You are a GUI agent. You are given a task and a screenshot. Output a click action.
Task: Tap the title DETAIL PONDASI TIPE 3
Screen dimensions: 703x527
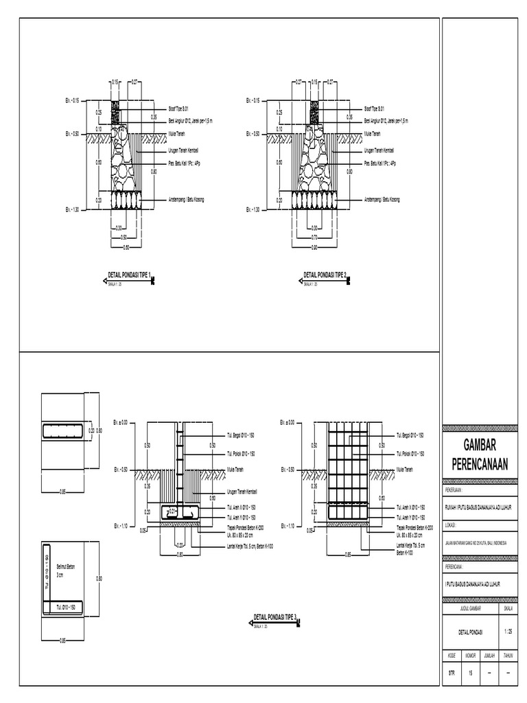pos(274,617)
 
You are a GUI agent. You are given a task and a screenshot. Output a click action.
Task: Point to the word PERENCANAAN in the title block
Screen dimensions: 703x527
pos(480,465)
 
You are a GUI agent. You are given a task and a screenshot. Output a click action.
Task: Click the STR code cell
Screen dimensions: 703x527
pos(451,674)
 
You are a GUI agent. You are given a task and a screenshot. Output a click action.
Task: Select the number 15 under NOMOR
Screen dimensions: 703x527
pos(471,674)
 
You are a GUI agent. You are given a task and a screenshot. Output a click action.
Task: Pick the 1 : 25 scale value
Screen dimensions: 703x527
pos(507,631)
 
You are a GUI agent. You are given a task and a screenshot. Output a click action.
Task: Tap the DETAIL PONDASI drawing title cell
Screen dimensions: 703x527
pos(470,631)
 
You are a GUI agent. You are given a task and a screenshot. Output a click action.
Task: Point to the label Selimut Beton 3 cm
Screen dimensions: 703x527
pos(66,571)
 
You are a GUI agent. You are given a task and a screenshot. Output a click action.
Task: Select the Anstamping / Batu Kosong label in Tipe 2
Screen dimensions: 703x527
pos(382,199)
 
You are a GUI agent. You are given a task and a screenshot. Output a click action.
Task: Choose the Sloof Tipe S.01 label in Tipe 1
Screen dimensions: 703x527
pos(178,108)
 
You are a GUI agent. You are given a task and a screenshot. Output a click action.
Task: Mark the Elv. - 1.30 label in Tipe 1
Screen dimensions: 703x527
pos(73,209)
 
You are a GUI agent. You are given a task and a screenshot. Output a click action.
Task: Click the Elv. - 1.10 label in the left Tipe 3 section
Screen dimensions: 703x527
pos(121,526)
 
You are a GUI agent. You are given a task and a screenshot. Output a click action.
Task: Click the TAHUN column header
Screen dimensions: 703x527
pos(508,656)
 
